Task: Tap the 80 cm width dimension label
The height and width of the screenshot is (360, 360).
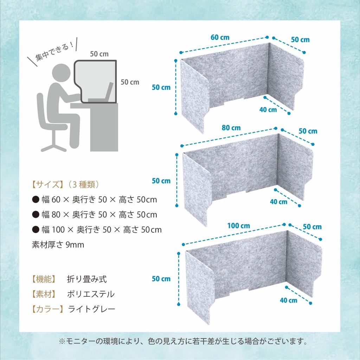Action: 231,128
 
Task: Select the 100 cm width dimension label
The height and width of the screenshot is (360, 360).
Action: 238,225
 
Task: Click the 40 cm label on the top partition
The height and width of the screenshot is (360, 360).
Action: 268,109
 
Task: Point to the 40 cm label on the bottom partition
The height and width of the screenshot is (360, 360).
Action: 288,300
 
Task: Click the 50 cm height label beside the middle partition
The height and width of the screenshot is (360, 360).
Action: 161,181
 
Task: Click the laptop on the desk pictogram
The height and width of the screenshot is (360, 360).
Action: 102,95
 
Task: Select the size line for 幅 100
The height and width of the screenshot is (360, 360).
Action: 97,230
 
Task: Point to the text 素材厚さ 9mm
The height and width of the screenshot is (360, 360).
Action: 58,245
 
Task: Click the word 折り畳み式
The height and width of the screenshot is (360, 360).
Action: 87,279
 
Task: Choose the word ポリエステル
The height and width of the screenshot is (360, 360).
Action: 91,294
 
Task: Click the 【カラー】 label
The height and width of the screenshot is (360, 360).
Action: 47,309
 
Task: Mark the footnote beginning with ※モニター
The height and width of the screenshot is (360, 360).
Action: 183,341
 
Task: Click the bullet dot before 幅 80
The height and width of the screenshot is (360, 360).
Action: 36,214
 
